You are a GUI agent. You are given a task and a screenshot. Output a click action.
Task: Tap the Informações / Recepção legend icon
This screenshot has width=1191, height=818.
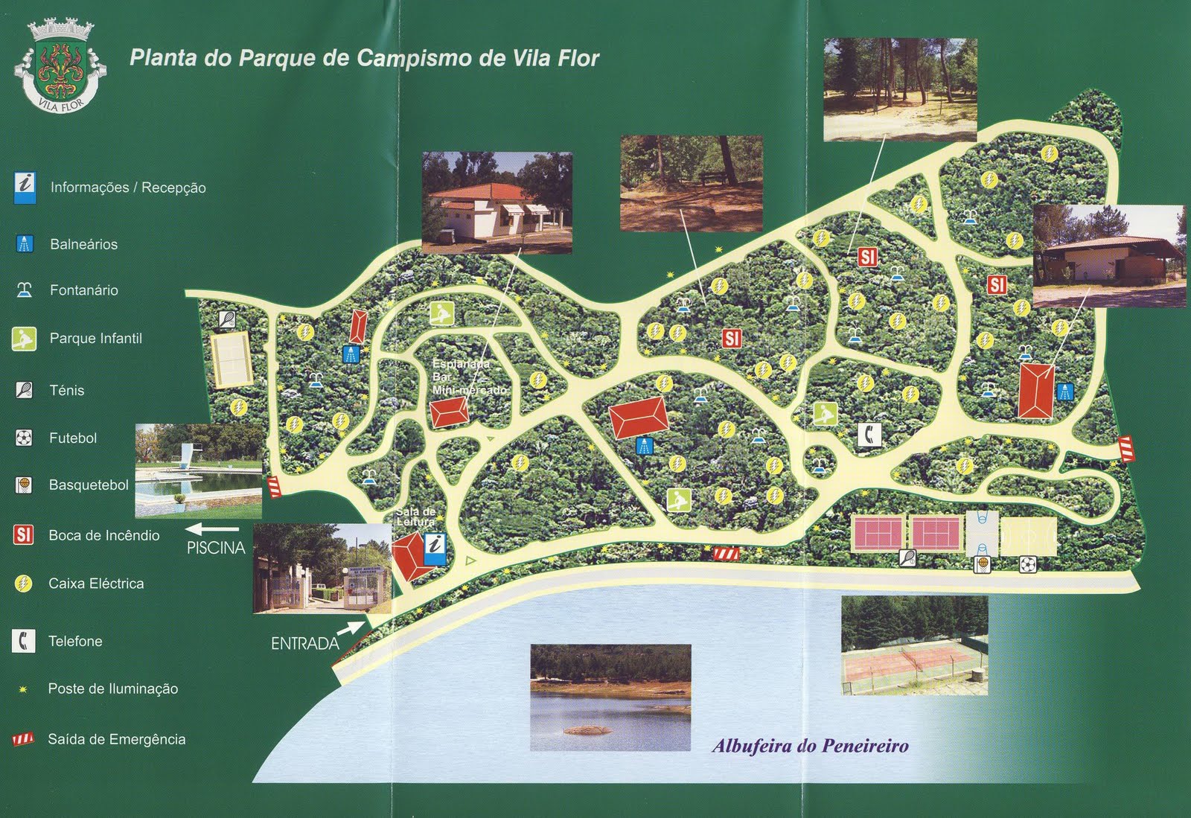coord(25,187)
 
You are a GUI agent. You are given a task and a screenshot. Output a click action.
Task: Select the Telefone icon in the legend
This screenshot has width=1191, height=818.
coord(24,640)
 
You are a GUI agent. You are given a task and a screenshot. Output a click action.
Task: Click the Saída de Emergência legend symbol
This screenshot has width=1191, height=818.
coord(23,739)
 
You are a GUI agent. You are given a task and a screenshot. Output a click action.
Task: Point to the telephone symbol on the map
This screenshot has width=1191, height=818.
coord(869,434)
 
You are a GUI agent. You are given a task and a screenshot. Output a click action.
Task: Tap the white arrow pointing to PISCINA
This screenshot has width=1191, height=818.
coord(212,530)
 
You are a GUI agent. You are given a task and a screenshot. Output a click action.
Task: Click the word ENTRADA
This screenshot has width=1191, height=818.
coord(304,643)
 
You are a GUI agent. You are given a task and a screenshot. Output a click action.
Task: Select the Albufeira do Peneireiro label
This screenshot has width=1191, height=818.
coord(810,746)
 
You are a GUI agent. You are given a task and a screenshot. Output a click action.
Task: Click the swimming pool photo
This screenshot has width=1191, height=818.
coord(199,470)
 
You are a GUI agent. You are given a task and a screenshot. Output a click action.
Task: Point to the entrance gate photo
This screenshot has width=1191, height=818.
coord(322,568)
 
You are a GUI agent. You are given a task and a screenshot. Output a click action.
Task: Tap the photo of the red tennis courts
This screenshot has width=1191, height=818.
coord(914,645)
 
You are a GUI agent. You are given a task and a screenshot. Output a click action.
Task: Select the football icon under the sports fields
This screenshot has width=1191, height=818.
coord(1028,565)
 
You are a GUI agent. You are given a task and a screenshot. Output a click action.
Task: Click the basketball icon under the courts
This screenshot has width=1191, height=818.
coord(983,565)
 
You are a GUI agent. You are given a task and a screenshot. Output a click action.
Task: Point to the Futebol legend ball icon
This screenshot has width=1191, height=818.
coord(24,438)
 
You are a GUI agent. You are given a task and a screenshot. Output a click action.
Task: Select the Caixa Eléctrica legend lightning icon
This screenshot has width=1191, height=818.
coord(23,584)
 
